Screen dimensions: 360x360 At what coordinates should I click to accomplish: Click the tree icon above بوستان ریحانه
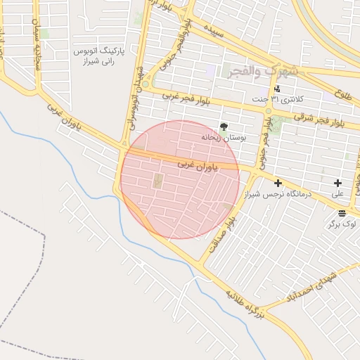coord(224,127)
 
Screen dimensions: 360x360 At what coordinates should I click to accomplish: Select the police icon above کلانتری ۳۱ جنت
coord(278,89)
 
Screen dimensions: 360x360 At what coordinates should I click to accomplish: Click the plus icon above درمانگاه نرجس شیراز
coord(278,183)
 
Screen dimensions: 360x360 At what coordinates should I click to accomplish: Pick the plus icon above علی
coord(338,183)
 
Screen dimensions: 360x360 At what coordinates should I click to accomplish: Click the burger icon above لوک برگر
coord(342,213)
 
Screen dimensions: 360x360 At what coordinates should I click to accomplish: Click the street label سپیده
coord(214,32)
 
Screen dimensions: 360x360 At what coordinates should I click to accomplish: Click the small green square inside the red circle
coord(157,181)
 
